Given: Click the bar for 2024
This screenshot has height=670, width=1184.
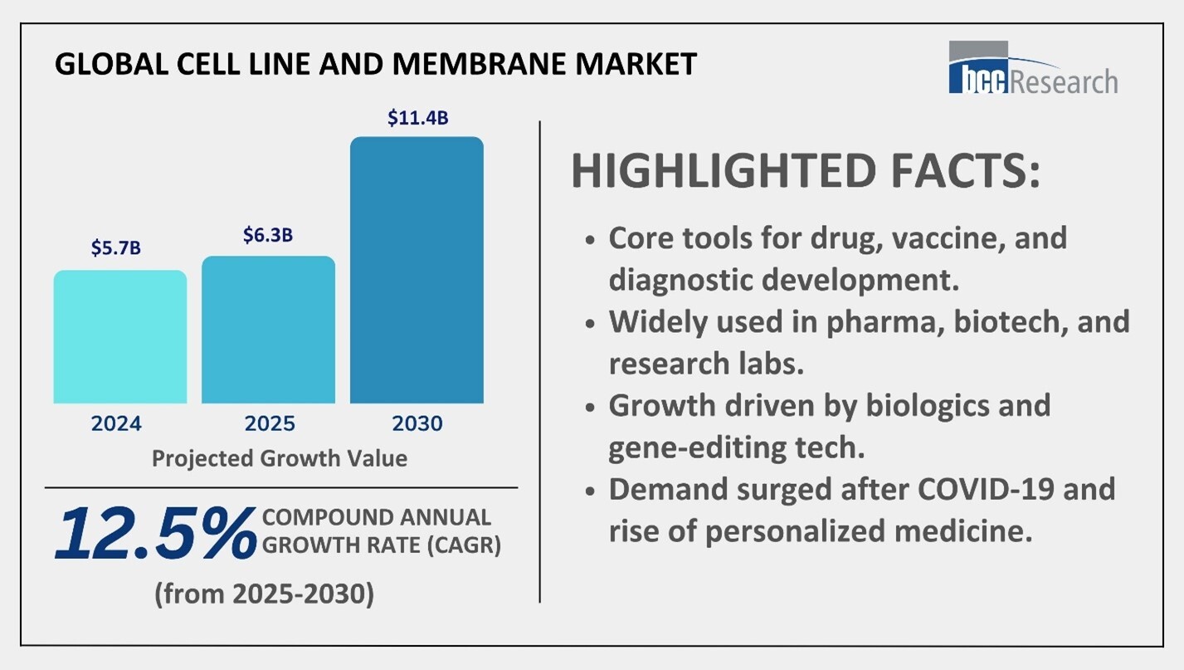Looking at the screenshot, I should [120, 336].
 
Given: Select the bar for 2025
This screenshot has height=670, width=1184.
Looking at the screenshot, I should [268, 330].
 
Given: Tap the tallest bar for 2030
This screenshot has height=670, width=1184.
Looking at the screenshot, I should [417, 270].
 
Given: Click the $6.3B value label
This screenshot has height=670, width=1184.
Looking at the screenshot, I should [268, 236].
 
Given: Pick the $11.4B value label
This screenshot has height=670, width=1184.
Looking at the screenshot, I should [417, 118].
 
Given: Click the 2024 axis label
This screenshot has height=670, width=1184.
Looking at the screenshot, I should [117, 423].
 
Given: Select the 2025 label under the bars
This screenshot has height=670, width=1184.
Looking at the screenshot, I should [270, 423].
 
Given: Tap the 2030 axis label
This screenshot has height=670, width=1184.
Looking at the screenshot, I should [418, 423].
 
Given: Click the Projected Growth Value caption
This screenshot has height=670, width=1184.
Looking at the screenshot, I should [280, 457].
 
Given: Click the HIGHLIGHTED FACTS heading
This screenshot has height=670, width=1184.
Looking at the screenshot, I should [805, 171].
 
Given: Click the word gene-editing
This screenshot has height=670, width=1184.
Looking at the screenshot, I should [714, 447].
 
